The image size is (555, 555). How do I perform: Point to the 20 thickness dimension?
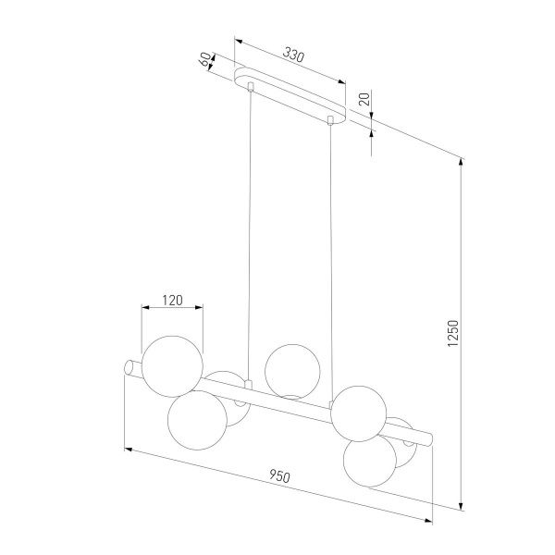click(x=364, y=99)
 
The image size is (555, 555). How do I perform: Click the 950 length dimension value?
click(x=280, y=476)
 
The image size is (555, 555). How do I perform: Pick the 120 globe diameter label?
click(x=171, y=300)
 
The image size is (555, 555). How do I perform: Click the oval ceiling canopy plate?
click(x=291, y=95)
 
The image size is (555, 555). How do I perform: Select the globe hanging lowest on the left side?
click(x=197, y=419)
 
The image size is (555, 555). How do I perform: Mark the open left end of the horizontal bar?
click(x=130, y=367)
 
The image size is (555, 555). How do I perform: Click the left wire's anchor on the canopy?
click(x=250, y=87)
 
